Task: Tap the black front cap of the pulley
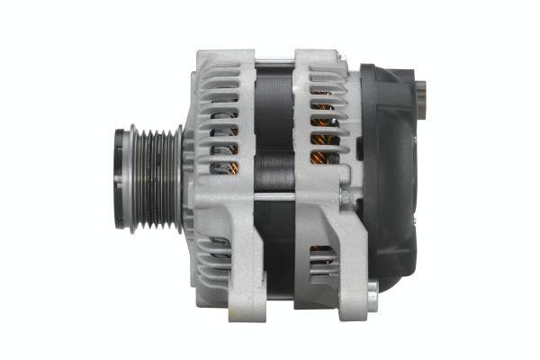(x=120, y=180)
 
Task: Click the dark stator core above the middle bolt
(x=274, y=126)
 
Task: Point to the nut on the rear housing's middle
(x=345, y=195)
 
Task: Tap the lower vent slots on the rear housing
(x=321, y=261)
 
